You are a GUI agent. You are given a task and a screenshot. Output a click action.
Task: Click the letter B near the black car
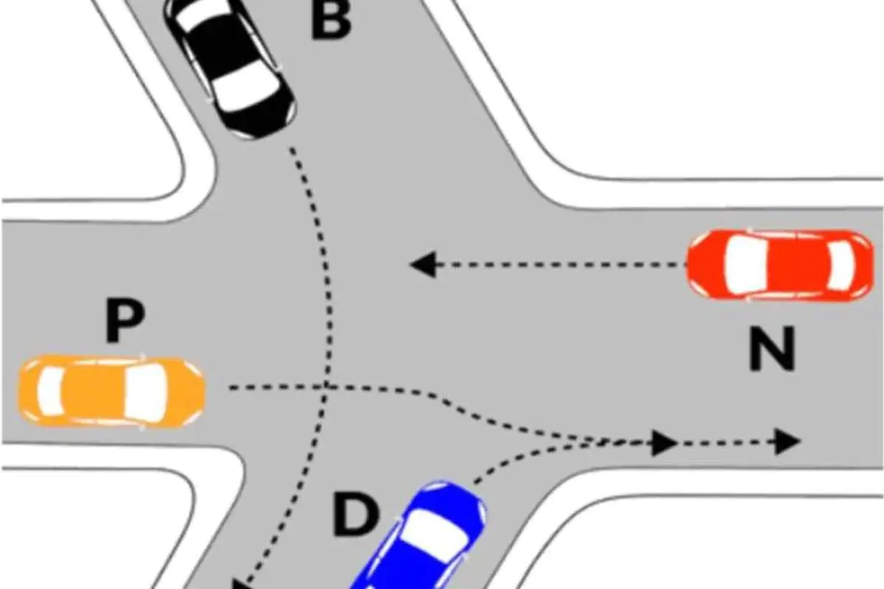[x=331, y=20]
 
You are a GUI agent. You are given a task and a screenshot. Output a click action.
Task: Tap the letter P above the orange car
[x=125, y=320]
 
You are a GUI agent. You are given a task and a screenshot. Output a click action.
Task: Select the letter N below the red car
[x=771, y=349]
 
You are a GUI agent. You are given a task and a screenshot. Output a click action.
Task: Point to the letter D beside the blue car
[x=356, y=515]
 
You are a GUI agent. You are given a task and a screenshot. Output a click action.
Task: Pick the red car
[x=780, y=265]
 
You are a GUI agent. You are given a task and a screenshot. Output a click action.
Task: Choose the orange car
[x=112, y=392]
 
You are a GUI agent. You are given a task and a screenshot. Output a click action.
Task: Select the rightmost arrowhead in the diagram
[x=787, y=442]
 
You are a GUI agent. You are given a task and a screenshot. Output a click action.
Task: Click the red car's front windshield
[x=746, y=264]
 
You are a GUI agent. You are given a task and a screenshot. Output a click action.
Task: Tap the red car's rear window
[x=841, y=265]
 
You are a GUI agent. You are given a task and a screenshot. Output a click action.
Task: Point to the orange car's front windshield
[x=146, y=392]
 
